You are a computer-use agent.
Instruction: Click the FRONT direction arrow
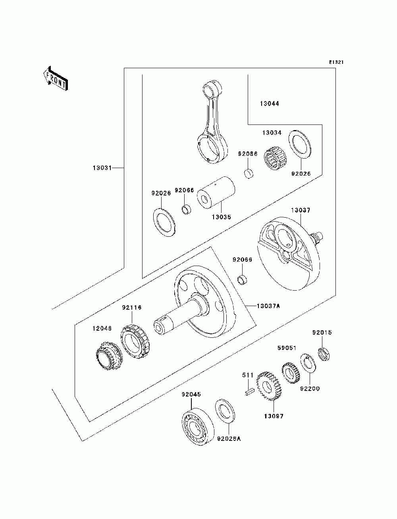56,78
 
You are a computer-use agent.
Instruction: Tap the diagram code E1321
336,62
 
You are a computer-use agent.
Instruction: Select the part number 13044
270,103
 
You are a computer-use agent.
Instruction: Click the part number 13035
222,217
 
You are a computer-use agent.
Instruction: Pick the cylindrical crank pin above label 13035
216,192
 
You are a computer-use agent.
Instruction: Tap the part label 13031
102,168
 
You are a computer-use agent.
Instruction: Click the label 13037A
268,306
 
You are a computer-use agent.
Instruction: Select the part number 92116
132,308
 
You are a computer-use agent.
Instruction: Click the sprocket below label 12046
109,356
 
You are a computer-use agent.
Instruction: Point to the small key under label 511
249,391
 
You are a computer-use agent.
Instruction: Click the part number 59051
287,348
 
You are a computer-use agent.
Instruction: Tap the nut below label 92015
324,354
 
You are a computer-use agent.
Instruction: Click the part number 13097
274,416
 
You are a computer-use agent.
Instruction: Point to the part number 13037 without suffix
301,210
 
